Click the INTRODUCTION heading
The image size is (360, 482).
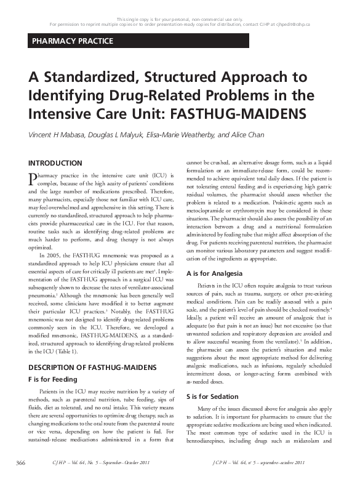pos(55,163)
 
